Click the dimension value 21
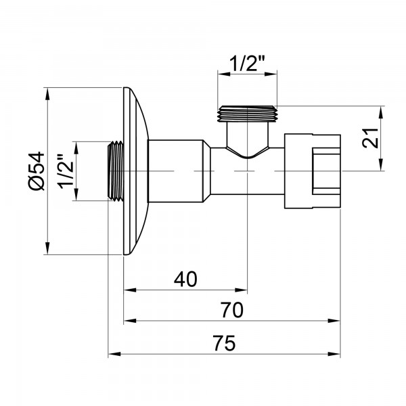tap(369, 138)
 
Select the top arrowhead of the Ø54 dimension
tap(48, 92)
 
